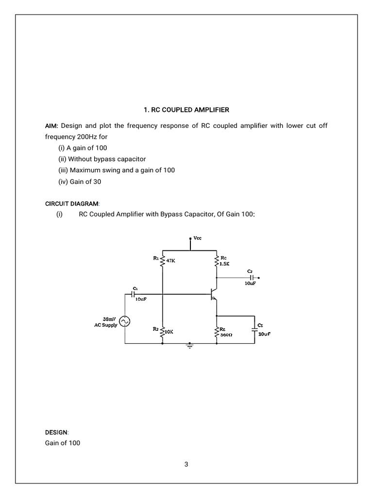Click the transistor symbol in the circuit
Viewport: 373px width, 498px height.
(x=214, y=294)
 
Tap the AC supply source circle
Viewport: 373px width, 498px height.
(x=125, y=321)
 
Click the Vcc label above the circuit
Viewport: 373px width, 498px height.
(x=198, y=238)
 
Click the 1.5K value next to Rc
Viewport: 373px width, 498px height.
(x=224, y=264)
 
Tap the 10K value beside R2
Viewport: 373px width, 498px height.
(x=169, y=331)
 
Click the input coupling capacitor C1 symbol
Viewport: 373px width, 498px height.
(x=133, y=294)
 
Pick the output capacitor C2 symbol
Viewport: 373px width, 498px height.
(x=252, y=277)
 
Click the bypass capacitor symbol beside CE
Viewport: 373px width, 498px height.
(x=254, y=329)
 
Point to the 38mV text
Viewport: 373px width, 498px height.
(x=109, y=319)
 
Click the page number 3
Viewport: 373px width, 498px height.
(x=186, y=464)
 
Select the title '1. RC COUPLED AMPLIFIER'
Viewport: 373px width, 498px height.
(x=186, y=110)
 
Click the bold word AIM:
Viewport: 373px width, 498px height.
(x=51, y=125)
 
